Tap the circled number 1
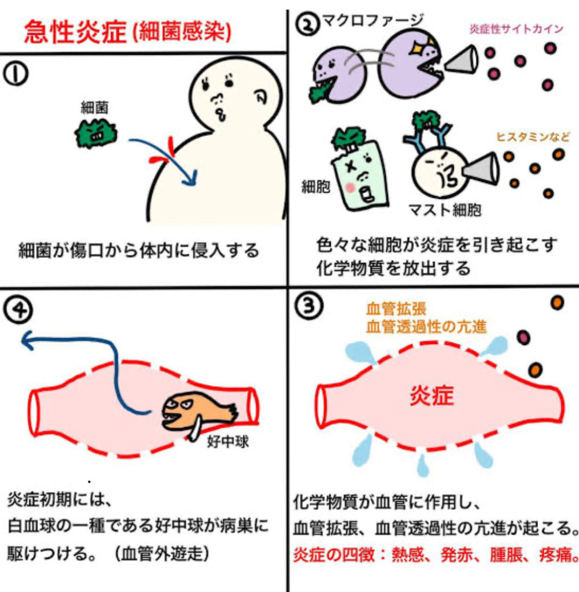coord(16,73)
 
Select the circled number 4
coord(18,310)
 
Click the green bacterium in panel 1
coord(96,134)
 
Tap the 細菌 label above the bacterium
coord(95,108)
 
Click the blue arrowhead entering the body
coord(191,178)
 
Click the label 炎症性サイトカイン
coord(517,29)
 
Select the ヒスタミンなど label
coord(533,136)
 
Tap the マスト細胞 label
coord(445,210)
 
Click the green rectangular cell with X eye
coord(360,176)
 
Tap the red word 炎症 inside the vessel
coord(432,396)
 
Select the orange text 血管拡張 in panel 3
coord(396,309)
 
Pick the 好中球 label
coord(228,441)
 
